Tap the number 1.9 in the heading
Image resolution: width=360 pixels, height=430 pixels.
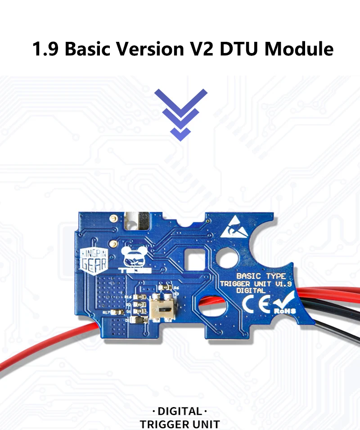coord(45,49)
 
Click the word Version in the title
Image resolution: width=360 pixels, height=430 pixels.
coord(151,49)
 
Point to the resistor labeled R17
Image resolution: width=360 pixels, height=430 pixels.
coord(118,312)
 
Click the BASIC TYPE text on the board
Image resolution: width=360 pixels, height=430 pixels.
coord(261,276)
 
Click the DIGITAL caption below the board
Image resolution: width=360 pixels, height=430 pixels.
coord(180,411)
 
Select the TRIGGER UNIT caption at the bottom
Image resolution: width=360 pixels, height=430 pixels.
coord(180,424)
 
